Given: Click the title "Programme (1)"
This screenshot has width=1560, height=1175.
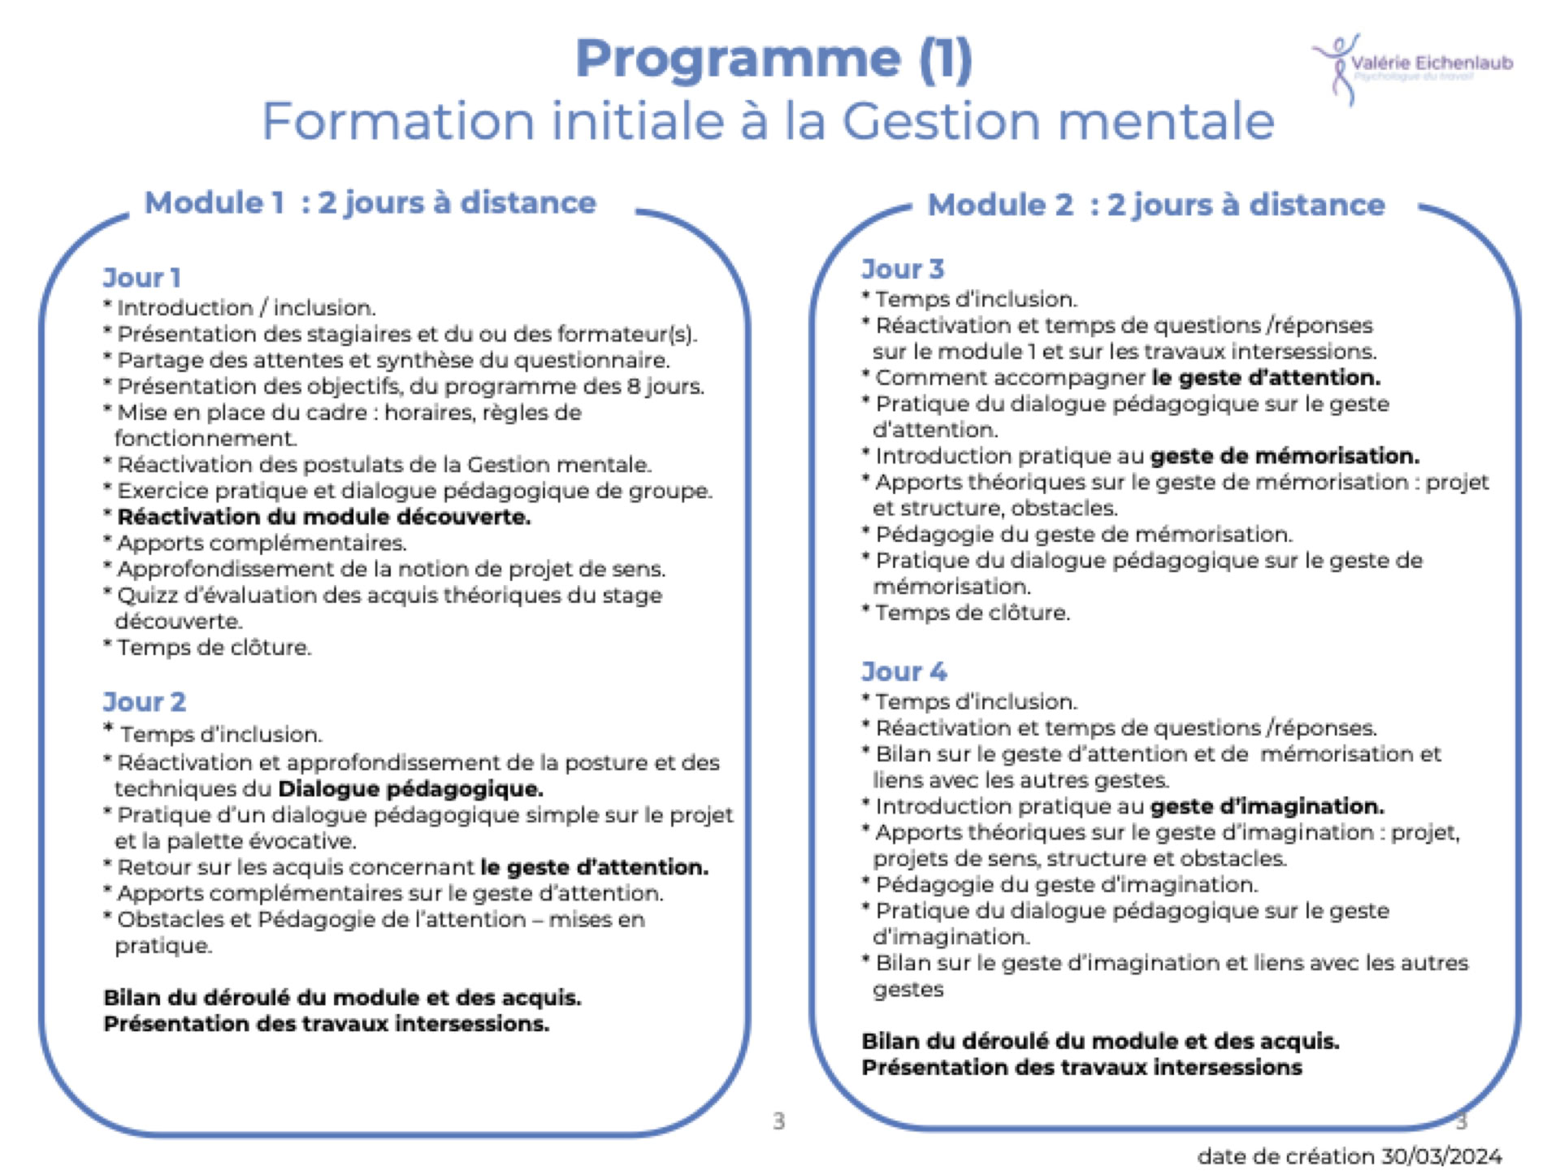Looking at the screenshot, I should click(773, 59).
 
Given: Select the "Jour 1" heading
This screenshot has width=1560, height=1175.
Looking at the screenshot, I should click(141, 278).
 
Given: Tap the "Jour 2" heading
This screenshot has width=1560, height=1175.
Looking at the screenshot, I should click(145, 702).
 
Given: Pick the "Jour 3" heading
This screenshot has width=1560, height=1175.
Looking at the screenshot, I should click(903, 269).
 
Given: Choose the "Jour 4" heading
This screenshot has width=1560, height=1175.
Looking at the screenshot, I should click(904, 672).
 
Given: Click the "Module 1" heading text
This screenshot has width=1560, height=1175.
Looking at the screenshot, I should click(214, 203).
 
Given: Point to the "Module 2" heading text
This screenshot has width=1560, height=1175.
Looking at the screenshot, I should click(1000, 205).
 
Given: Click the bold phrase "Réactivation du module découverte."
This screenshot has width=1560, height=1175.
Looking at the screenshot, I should click(323, 517).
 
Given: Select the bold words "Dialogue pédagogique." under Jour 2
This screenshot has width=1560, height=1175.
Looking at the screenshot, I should click(410, 789).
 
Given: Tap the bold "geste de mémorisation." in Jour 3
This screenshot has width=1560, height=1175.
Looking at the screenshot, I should click(1285, 456).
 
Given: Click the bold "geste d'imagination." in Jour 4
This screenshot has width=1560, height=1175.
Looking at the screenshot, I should click(1267, 806).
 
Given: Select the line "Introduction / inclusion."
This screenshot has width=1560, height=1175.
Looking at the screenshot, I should click(245, 308).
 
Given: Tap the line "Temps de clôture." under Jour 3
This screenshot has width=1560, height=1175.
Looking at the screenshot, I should click(972, 613).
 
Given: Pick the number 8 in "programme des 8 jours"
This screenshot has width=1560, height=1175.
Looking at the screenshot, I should click(634, 386).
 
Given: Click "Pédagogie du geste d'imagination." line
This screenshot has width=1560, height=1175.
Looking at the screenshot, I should click(1065, 885).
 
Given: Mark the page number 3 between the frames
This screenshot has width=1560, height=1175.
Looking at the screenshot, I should click(778, 1121).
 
